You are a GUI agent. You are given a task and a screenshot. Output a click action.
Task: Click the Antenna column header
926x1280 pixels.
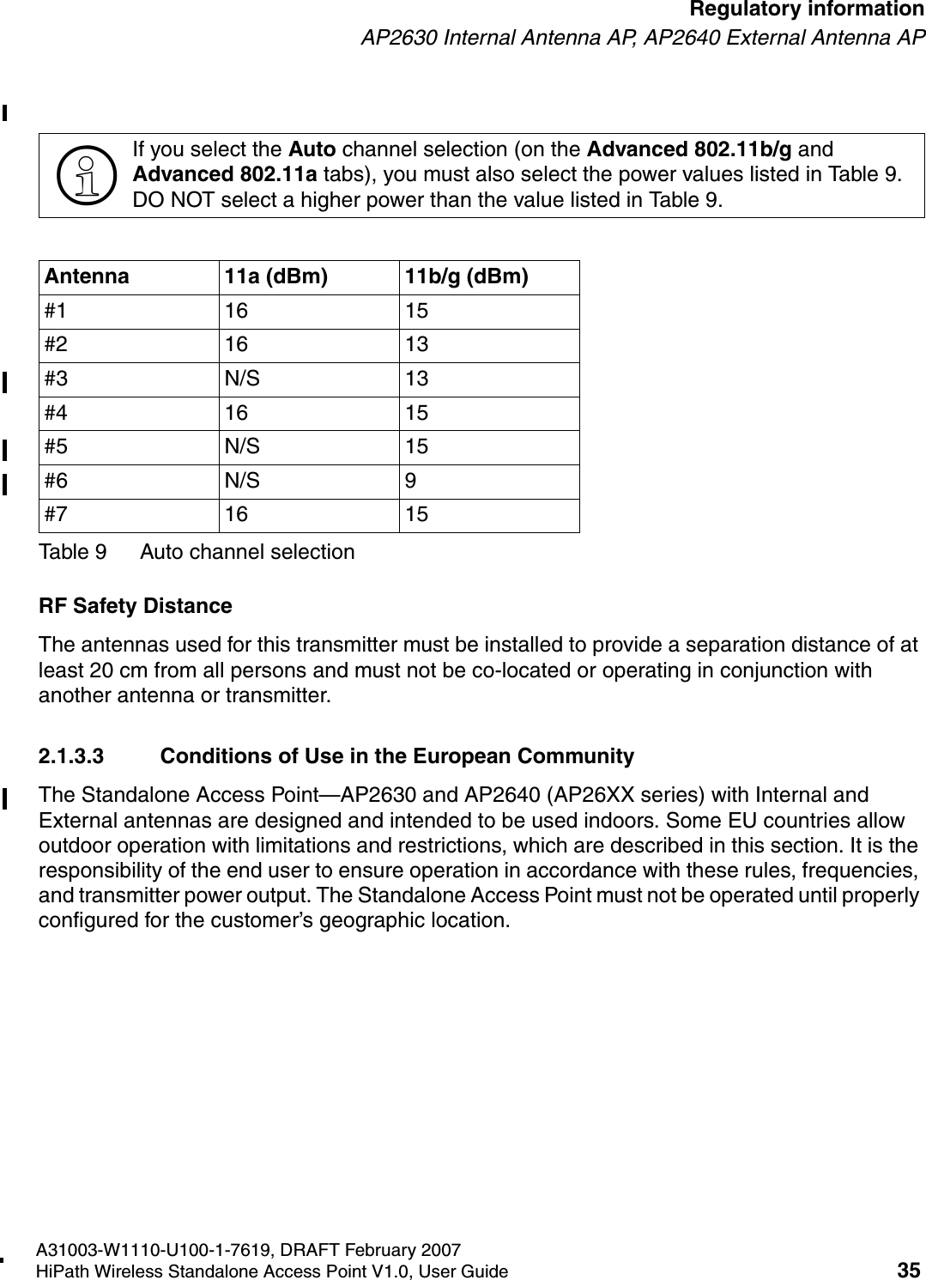coord(87,277)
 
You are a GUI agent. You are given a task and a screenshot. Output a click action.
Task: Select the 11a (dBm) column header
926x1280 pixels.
coord(275,277)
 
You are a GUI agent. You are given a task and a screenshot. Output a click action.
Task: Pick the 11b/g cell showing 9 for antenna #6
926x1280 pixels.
coord(411,482)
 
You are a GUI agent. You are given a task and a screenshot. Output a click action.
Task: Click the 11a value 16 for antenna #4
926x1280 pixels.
coord(236,413)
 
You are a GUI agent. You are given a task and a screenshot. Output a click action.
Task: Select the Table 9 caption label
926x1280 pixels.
coord(73,552)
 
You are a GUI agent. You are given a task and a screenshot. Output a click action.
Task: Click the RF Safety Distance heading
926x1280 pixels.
coord(136,606)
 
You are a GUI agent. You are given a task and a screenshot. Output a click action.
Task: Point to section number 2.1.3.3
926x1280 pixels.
coord(71,757)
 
